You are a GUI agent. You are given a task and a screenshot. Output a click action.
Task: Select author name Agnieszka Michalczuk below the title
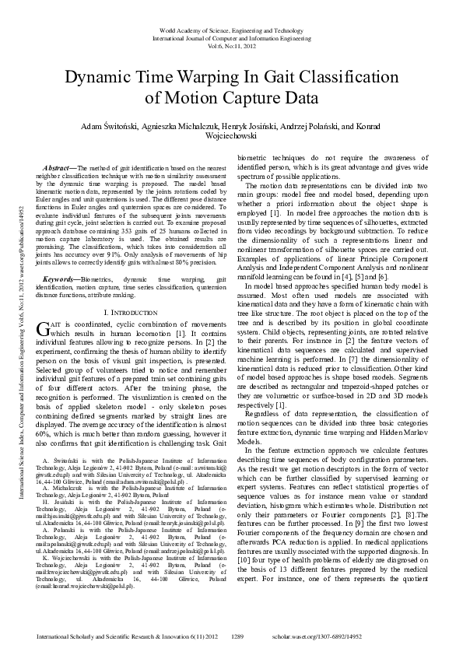coord(172,126)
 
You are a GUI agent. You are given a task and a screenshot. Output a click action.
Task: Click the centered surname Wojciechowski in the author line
coord(232,135)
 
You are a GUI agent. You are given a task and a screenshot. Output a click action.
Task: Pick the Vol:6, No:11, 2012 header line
coord(231,45)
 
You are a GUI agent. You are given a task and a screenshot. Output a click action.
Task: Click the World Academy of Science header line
coord(231,29)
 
